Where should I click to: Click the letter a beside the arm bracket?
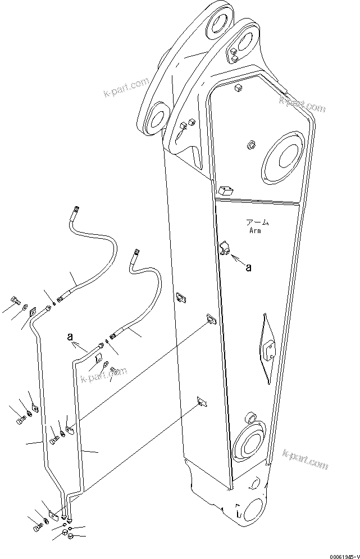248,268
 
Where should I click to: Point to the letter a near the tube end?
70,338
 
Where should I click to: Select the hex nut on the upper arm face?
250,146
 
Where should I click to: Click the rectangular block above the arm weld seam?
227,190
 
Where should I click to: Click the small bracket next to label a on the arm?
227,248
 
